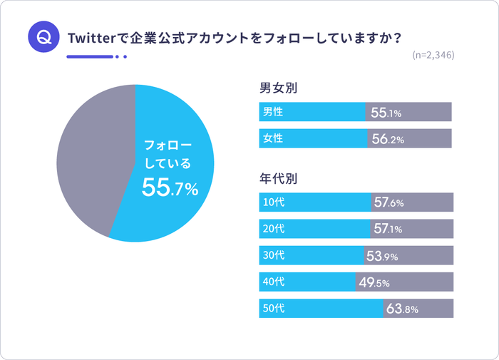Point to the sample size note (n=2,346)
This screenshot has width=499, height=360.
[x=433, y=56]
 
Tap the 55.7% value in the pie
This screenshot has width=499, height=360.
[x=170, y=187]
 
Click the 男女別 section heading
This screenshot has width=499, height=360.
[x=278, y=89]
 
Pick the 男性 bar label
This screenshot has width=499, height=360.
[x=273, y=112]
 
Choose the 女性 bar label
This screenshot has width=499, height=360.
[x=273, y=138]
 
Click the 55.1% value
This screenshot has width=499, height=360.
[x=386, y=113]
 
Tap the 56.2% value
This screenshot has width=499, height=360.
[x=388, y=139]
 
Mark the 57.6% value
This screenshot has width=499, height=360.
[x=389, y=202]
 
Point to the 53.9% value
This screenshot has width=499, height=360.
[x=382, y=255]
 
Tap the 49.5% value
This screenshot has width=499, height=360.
[x=374, y=282]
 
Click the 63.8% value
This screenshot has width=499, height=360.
[x=402, y=309]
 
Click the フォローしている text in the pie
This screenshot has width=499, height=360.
[x=168, y=153]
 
